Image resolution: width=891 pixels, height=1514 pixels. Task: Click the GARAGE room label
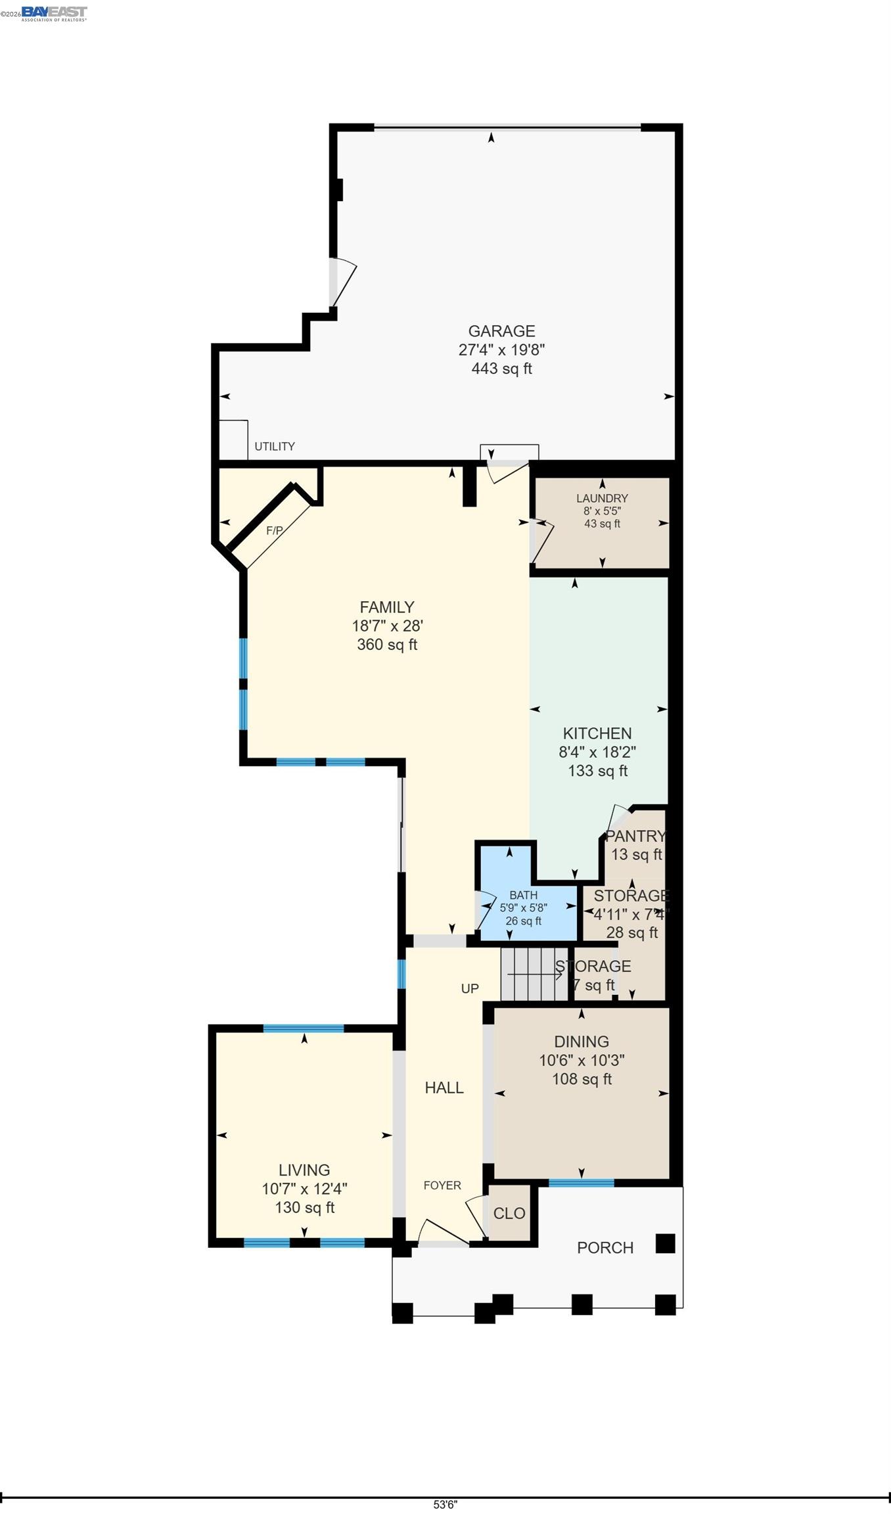pyautogui.click(x=501, y=331)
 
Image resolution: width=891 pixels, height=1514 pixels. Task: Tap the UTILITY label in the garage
pyautogui.click(x=275, y=446)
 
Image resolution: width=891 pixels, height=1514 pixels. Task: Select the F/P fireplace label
pyautogui.click(x=275, y=530)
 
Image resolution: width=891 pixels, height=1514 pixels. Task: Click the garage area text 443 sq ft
pyautogui.click(x=501, y=369)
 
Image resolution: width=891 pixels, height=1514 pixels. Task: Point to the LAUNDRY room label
pyautogui.click(x=602, y=498)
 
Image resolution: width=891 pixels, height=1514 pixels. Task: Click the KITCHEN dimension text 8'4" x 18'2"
pyautogui.click(x=597, y=752)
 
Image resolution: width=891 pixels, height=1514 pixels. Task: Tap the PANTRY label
pyautogui.click(x=635, y=836)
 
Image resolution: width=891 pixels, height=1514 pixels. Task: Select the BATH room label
pyautogui.click(x=523, y=895)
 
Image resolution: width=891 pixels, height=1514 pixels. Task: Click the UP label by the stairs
pyautogui.click(x=470, y=988)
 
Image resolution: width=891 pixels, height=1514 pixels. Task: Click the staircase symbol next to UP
pyautogui.click(x=534, y=974)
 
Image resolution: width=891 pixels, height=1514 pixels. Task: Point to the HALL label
pyautogui.click(x=444, y=1088)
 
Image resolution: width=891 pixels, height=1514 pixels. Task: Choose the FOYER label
pyautogui.click(x=442, y=1185)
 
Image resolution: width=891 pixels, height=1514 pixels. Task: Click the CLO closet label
pyautogui.click(x=509, y=1214)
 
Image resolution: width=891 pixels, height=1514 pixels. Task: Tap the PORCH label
pyautogui.click(x=605, y=1248)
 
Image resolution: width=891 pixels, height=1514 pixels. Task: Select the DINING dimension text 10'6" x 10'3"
pyautogui.click(x=582, y=1060)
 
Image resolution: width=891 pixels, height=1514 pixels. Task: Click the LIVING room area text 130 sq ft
pyautogui.click(x=305, y=1207)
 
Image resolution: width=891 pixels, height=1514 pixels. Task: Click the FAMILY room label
pyautogui.click(x=387, y=607)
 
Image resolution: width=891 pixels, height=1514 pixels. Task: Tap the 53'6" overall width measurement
pyautogui.click(x=445, y=1505)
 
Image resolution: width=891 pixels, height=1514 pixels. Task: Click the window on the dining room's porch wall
pyautogui.click(x=582, y=1183)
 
